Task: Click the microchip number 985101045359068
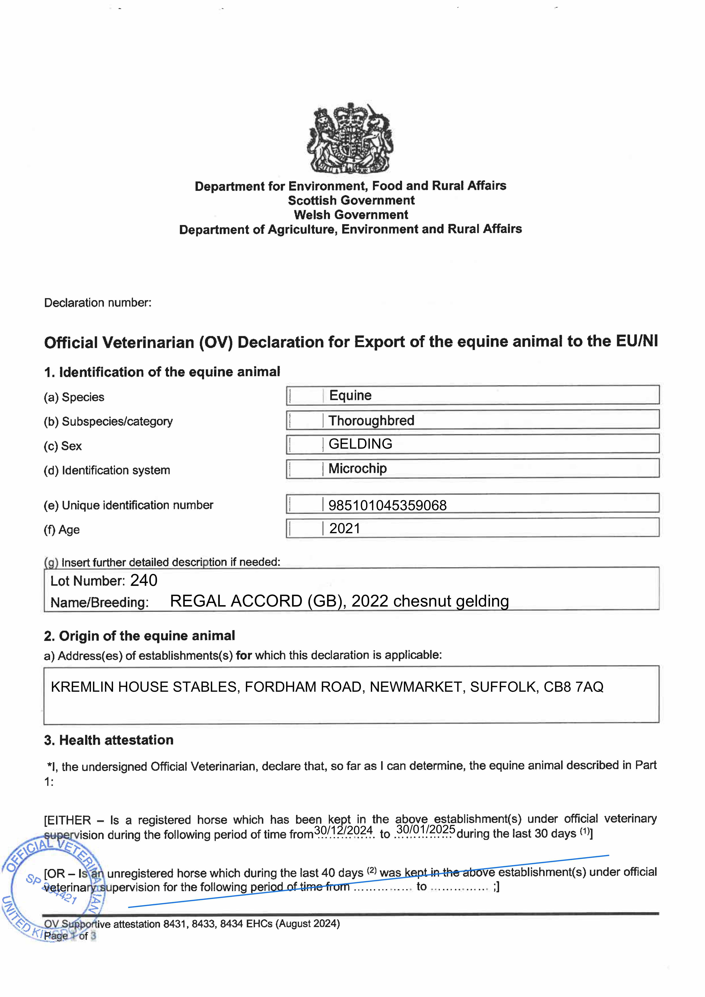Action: (x=388, y=505)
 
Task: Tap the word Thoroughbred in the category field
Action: (x=371, y=420)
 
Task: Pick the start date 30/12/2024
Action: (x=343, y=830)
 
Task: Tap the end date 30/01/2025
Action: (x=426, y=829)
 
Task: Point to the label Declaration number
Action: (x=98, y=303)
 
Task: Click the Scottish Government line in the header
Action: (x=351, y=201)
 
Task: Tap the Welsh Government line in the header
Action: (x=351, y=215)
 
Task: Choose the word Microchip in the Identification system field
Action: (x=358, y=469)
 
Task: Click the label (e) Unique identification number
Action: (x=129, y=505)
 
